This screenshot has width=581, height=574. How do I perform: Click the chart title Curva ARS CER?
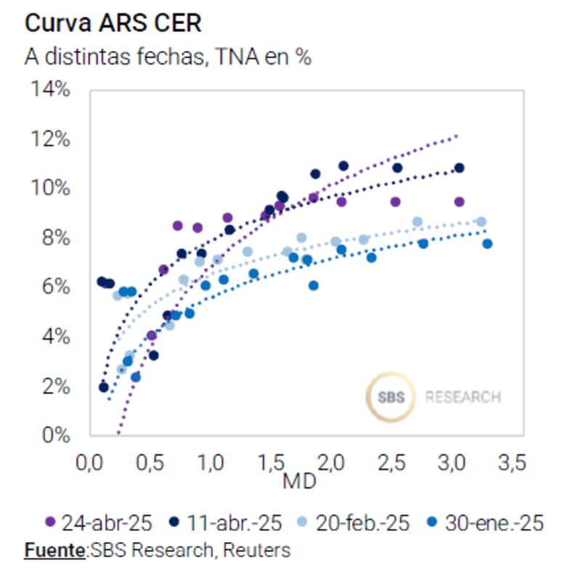tap(113, 23)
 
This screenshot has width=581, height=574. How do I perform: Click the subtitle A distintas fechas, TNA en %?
tap(168, 57)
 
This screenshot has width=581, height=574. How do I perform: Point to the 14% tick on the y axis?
tap(50, 90)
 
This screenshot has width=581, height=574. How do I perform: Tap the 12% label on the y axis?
tap(50, 139)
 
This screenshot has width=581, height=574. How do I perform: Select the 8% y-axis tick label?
tap(54, 238)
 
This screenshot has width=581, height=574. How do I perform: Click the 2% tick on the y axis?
tap(54, 386)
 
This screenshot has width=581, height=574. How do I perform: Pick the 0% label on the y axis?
tap(54, 435)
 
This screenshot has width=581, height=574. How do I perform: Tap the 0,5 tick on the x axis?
tap(150, 462)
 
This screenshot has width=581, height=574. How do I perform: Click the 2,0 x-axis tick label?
tap(331, 462)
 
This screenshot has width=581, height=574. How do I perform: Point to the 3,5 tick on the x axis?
tap(513, 462)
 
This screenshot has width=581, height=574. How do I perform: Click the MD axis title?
tap(299, 480)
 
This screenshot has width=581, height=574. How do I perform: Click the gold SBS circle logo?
tap(391, 397)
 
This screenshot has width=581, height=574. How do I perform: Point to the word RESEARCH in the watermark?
tap(463, 398)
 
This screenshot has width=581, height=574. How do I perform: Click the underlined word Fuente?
tap(54, 550)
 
